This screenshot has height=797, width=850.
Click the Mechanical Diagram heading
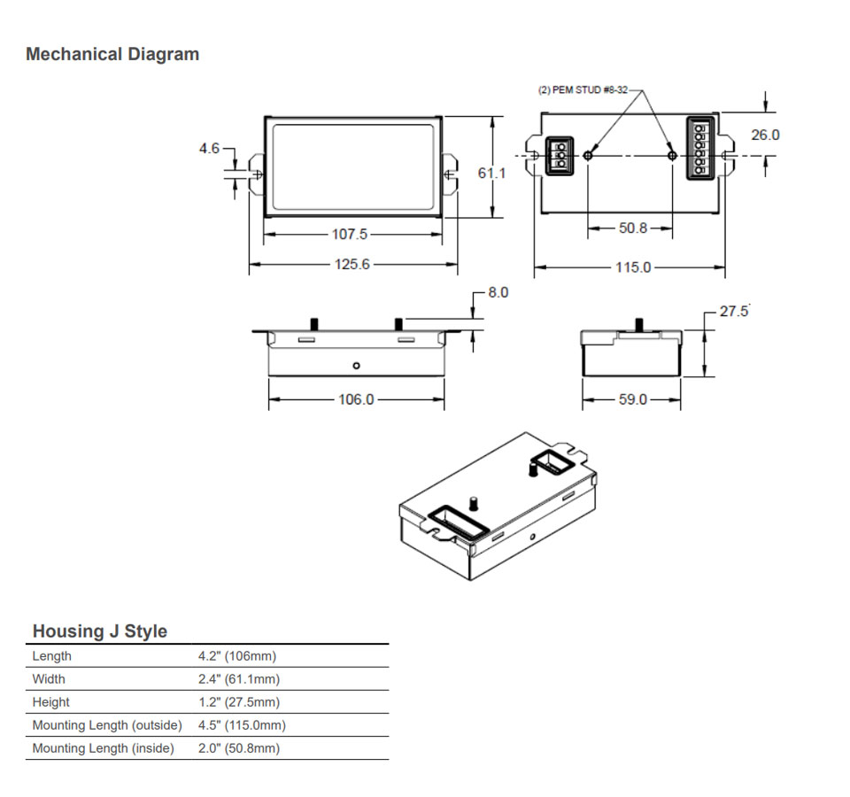click(112, 54)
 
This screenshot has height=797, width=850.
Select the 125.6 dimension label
click(352, 264)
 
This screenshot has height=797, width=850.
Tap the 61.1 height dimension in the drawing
click(491, 174)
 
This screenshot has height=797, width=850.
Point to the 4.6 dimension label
click(209, 149)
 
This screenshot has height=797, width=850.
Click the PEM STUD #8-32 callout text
click(583, 90)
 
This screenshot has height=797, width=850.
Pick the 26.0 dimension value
click(765, 135)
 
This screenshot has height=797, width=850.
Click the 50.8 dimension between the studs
click(633, 228)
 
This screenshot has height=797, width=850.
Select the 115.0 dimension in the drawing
click(633, 267)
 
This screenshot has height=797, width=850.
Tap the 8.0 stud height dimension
click(498, 292)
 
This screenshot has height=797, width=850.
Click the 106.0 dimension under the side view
click(356, 399)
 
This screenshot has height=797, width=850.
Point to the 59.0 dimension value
click(632, 399)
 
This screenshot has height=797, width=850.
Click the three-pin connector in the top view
click(559, 156)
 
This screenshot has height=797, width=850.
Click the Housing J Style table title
click(99, 631)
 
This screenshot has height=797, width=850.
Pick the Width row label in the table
click(49, 679)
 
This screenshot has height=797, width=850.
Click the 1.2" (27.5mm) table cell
click(238, 702)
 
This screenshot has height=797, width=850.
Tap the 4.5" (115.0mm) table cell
click(242, 725)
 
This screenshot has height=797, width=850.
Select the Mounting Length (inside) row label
click(103, 748)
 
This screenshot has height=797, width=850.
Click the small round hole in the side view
click(356, 365)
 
